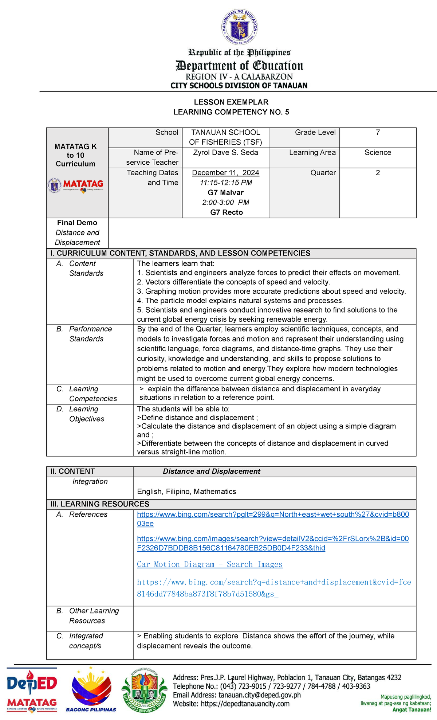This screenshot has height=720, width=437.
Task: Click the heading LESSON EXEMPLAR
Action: tap(231, 102)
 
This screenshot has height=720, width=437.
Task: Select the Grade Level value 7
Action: tap(378, 133)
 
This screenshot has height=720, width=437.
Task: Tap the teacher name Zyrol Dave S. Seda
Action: tap(225, 153)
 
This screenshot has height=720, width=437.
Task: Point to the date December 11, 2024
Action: tap(225, 173)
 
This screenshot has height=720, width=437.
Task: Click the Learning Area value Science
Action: tap(378, 153)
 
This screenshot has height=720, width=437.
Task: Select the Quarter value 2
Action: tap(378, 173)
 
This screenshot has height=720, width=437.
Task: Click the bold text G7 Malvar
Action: tap(225, 193)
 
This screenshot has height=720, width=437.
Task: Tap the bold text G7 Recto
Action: tap(226, 212)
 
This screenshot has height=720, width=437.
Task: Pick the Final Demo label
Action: tap(77, 223)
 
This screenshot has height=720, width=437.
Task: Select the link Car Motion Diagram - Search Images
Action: tap(209, 564)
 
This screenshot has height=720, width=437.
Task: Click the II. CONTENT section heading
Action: tap(72, 471)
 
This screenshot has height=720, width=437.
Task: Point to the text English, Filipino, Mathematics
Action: tap(186, 492)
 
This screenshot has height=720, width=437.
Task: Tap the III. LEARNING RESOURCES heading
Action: tap(100, 504)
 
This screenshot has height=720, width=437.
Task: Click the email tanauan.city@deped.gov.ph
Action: tap(259, 695)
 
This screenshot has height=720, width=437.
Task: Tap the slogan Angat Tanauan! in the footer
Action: tap(412, 709)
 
